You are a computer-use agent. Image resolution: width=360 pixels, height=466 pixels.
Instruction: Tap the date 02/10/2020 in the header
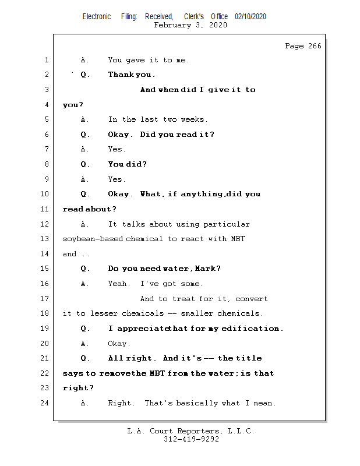(250, 16)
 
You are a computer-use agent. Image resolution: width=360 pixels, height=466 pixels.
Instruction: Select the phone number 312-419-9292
(191, 440)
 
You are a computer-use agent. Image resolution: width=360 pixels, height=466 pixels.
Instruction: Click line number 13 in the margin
(46, 239)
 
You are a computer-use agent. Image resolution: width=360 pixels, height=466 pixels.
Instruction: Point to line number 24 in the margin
(46, 403)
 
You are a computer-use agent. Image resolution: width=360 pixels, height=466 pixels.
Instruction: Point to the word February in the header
(173, 25)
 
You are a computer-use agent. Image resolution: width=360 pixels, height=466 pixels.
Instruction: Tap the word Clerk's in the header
(193, 16)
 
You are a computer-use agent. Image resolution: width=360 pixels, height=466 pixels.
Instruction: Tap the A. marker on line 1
(85, 60)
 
